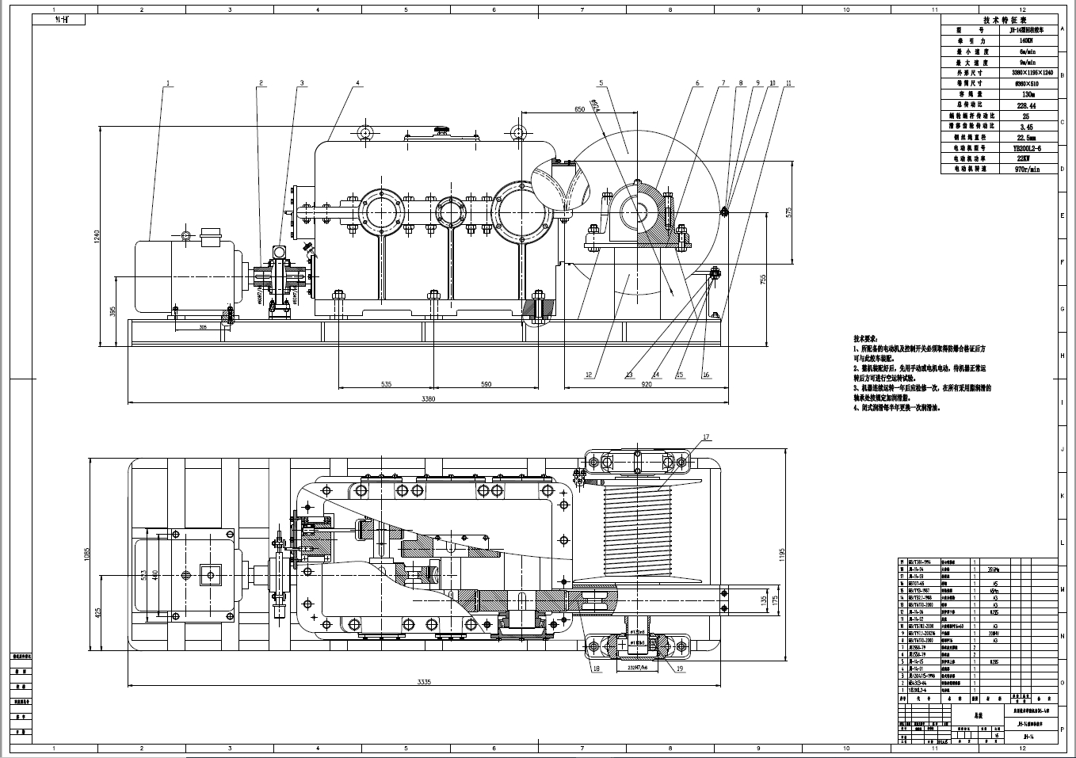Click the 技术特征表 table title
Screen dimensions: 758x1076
tap(999, 21)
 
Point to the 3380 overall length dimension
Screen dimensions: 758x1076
tap(429, 399)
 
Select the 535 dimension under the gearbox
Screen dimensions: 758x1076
tap(386, 384)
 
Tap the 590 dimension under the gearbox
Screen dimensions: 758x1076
tap(486, 384)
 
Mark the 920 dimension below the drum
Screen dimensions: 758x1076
tap(646, 384)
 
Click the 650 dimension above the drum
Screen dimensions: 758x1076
tap(579, 109)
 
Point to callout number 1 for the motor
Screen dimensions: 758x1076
tap(168, 83)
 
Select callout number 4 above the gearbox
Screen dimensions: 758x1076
tap(357, 83)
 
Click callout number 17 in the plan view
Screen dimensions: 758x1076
tap(706, 436)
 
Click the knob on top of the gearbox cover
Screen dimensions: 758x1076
tap(442, 128)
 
